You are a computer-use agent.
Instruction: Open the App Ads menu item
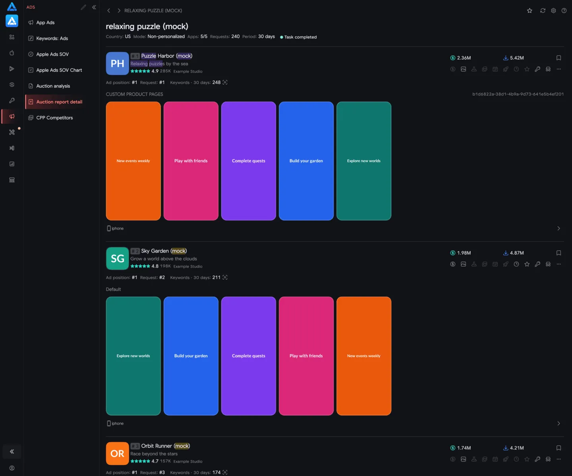45,23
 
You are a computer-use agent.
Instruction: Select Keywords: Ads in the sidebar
52,38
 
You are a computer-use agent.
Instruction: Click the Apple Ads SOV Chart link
59,70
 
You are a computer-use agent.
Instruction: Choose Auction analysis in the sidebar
53,86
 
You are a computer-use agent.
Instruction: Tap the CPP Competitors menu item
54,118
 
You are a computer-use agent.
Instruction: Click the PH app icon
117,63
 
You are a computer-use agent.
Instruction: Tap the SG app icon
117,259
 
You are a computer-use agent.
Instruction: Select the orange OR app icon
117,453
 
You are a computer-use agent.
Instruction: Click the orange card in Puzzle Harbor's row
133,161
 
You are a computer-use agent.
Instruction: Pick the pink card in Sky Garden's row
306,356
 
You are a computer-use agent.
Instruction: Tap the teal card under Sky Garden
133,356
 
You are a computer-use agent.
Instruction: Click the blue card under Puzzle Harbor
306,161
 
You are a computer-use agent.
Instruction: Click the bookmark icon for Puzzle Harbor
558,58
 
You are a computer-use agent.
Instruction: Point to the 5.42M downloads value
517,58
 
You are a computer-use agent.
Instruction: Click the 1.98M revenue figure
464,253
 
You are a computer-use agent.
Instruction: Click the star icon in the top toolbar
529,11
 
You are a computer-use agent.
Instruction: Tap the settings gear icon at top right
553,11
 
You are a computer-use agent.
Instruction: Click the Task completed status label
300,37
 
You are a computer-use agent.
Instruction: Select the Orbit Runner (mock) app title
166,446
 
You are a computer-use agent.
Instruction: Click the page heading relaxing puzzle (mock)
147,26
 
